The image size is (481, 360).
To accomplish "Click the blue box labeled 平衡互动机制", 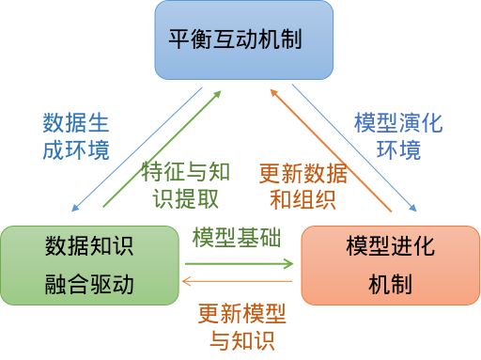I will [243, 39].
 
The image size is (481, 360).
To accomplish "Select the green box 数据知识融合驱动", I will [89, 265].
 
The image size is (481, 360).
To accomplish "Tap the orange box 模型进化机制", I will [389, 265].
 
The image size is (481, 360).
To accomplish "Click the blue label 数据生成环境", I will [75, 136].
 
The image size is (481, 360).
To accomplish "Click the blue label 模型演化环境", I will [397, 136].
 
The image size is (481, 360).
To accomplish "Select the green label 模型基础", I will [236, 238].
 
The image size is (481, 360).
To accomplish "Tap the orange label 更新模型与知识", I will [241, 324].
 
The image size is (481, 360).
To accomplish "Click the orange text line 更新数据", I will [303, 173].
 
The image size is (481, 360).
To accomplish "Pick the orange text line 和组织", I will [303, 199].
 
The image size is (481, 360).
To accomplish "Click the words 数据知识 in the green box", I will [89, 247].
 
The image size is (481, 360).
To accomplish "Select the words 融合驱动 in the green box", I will [89, 283].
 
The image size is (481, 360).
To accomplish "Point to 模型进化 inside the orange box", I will [389, 247].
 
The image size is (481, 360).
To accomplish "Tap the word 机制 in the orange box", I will [389, 283].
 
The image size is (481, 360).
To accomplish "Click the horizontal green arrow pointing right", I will [239, 264].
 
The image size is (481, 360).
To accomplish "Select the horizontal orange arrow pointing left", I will [239, 280].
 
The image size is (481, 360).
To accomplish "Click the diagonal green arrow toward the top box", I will [160, 150].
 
